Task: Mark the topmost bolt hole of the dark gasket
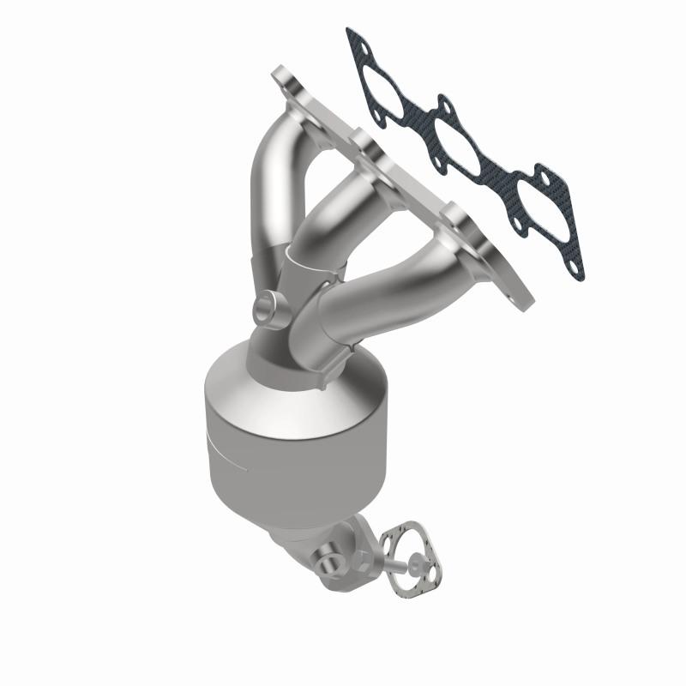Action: tap(352, 37)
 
